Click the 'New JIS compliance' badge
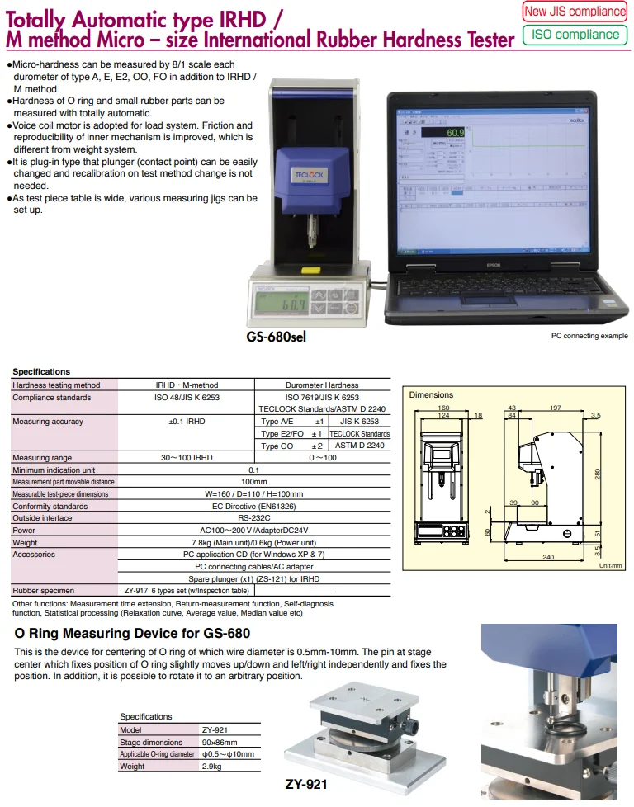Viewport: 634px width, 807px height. coord(575,12)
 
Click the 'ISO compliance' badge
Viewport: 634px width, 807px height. coord(575,35)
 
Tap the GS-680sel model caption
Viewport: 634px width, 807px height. coord(281,337)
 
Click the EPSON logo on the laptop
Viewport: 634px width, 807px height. coord(493,267)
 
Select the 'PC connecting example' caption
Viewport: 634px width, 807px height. coord(589,336)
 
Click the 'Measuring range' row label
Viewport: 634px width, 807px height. coord(42,457)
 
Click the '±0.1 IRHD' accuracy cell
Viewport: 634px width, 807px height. coord(187,422)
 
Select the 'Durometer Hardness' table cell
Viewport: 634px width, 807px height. coord(322,385)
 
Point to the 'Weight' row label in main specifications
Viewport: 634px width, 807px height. coord(25,543)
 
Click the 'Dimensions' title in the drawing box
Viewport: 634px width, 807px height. coord(431,395)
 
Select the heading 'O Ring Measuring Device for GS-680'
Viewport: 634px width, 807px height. coord(132,634)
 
